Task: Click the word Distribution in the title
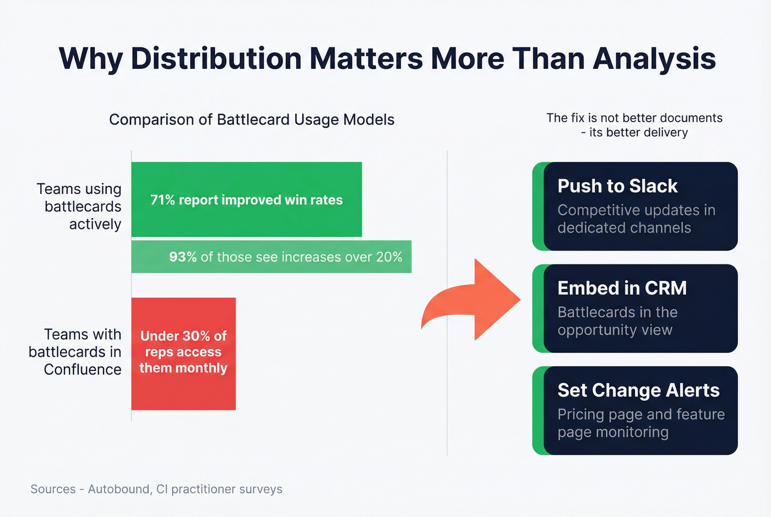(216, 58)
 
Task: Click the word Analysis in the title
(654, 58)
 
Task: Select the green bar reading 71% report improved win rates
(246, 199)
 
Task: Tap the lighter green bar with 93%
(271, 257)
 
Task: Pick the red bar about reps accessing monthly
(183, 353)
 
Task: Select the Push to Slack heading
(617, 186)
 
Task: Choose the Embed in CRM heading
(622, 288)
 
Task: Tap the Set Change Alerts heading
(638, 390)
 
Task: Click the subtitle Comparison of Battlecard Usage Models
(252, 119)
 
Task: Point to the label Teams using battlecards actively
(80, 206)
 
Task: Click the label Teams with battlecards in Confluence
(76, 352)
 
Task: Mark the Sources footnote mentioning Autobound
(156, 489)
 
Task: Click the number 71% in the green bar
(162, 200)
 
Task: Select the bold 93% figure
(182, 257)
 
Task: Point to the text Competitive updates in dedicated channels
(636, 219)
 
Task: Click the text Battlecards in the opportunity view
(617, 321)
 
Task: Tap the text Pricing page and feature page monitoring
(640, 423)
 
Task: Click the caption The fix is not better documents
(634, 118)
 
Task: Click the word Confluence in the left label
(83, 369)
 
